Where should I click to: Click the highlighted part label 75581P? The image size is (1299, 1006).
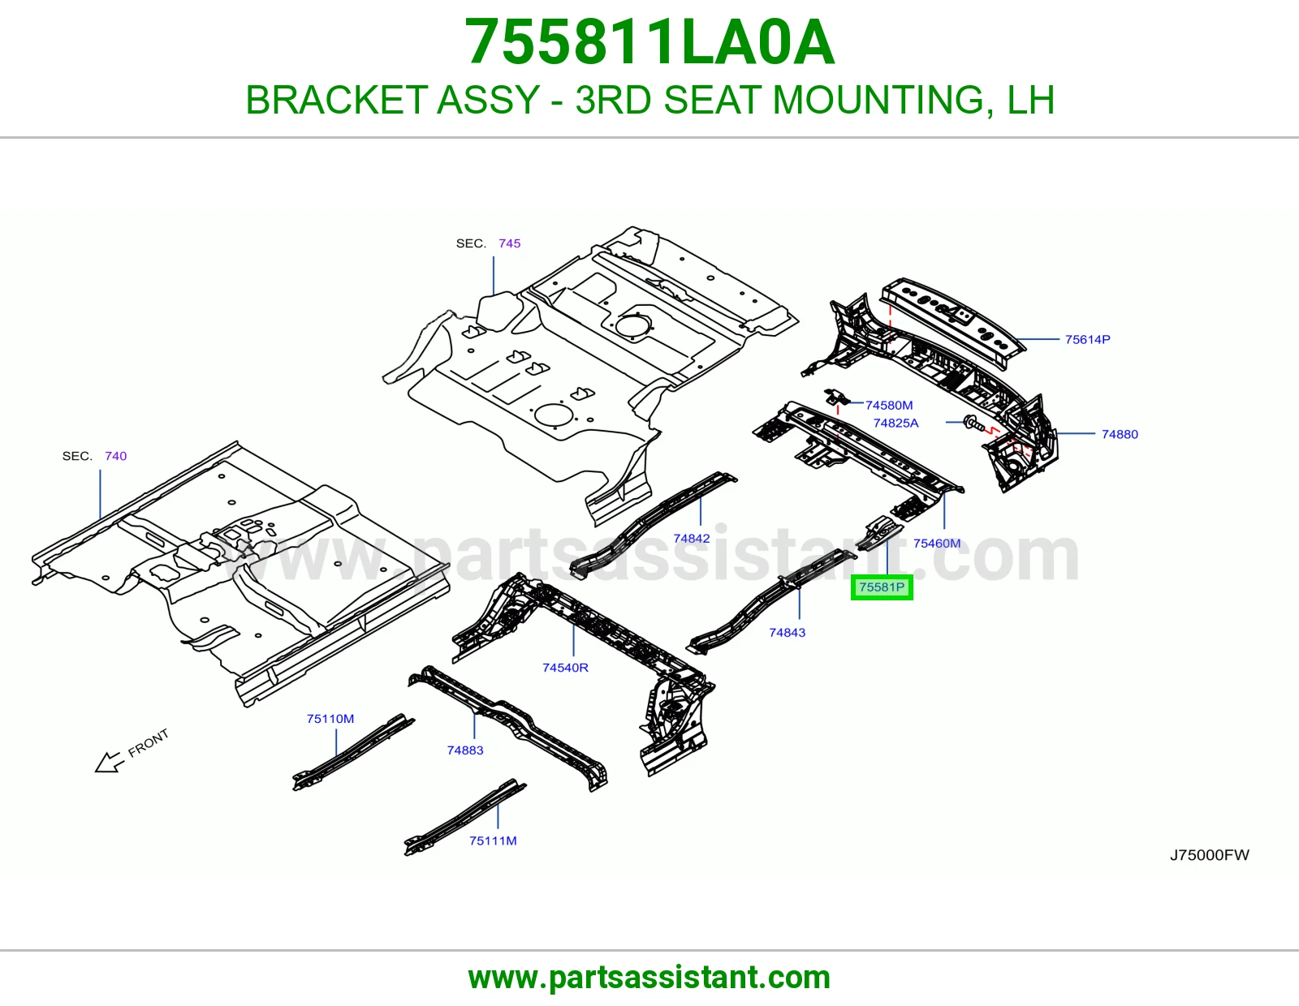[x=882, y=587]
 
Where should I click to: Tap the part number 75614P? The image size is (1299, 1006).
[x=1087, y=339]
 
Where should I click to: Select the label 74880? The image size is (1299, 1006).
[x=1120, y=434]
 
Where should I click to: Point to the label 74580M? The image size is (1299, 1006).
[x=889, y=405]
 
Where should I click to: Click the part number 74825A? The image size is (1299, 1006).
[x=895, y=423]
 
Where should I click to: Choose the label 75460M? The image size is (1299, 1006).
[x=937, y=543]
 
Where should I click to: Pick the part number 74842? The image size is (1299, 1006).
[x=692, y=538]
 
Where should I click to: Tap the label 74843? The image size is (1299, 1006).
[x=788, y=632]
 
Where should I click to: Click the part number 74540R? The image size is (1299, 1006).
[x=566, y=667]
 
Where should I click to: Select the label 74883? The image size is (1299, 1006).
[x=465, y=750]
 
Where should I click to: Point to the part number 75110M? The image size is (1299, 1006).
[x=330, y=719]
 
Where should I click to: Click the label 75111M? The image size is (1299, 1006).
[x=493, y=840]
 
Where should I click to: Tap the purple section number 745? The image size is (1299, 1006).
[x=509, y=243]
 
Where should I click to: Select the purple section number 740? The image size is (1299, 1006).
[x=115, y=456]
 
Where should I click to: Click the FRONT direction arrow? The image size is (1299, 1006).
[x=110, y=763]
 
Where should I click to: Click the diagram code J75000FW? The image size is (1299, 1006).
[x=1210, y=855]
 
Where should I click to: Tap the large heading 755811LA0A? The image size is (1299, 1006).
[x=649, y=42]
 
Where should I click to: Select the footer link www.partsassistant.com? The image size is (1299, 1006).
[x=649, y=978]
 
